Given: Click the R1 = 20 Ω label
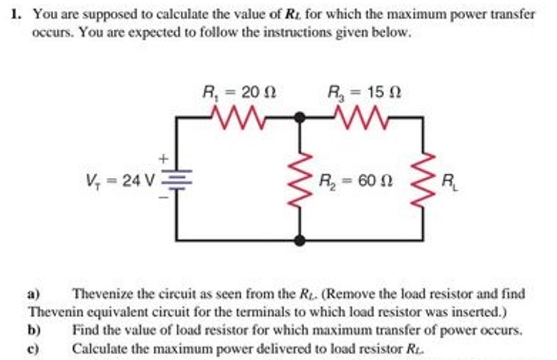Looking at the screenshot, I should click(239, 93).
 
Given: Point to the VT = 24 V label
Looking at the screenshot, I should click(121, 180).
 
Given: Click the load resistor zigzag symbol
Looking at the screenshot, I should click(423, 180).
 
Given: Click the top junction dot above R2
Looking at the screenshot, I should click(299, 117).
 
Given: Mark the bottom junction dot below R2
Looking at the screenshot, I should click(299, 240).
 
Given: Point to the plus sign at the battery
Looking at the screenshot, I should click(163, 159).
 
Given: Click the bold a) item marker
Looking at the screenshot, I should click(34, 295).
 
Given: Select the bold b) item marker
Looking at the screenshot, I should click(34, 330).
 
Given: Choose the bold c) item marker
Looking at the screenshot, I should click(34, 349).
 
